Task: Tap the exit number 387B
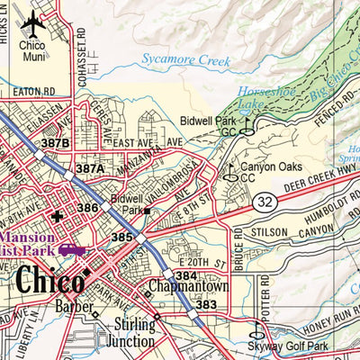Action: click(x=55, y=143)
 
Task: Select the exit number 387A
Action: click(x=90, y=168)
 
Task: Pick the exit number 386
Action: click(x=87, y=208)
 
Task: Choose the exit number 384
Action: click(x=185, y=275)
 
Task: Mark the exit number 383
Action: click(x=206, y=306)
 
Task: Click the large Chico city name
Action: click(x=49, y=280)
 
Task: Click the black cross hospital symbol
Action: click(x=58, y=216)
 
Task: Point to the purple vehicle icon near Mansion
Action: click(x=73, y=251)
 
